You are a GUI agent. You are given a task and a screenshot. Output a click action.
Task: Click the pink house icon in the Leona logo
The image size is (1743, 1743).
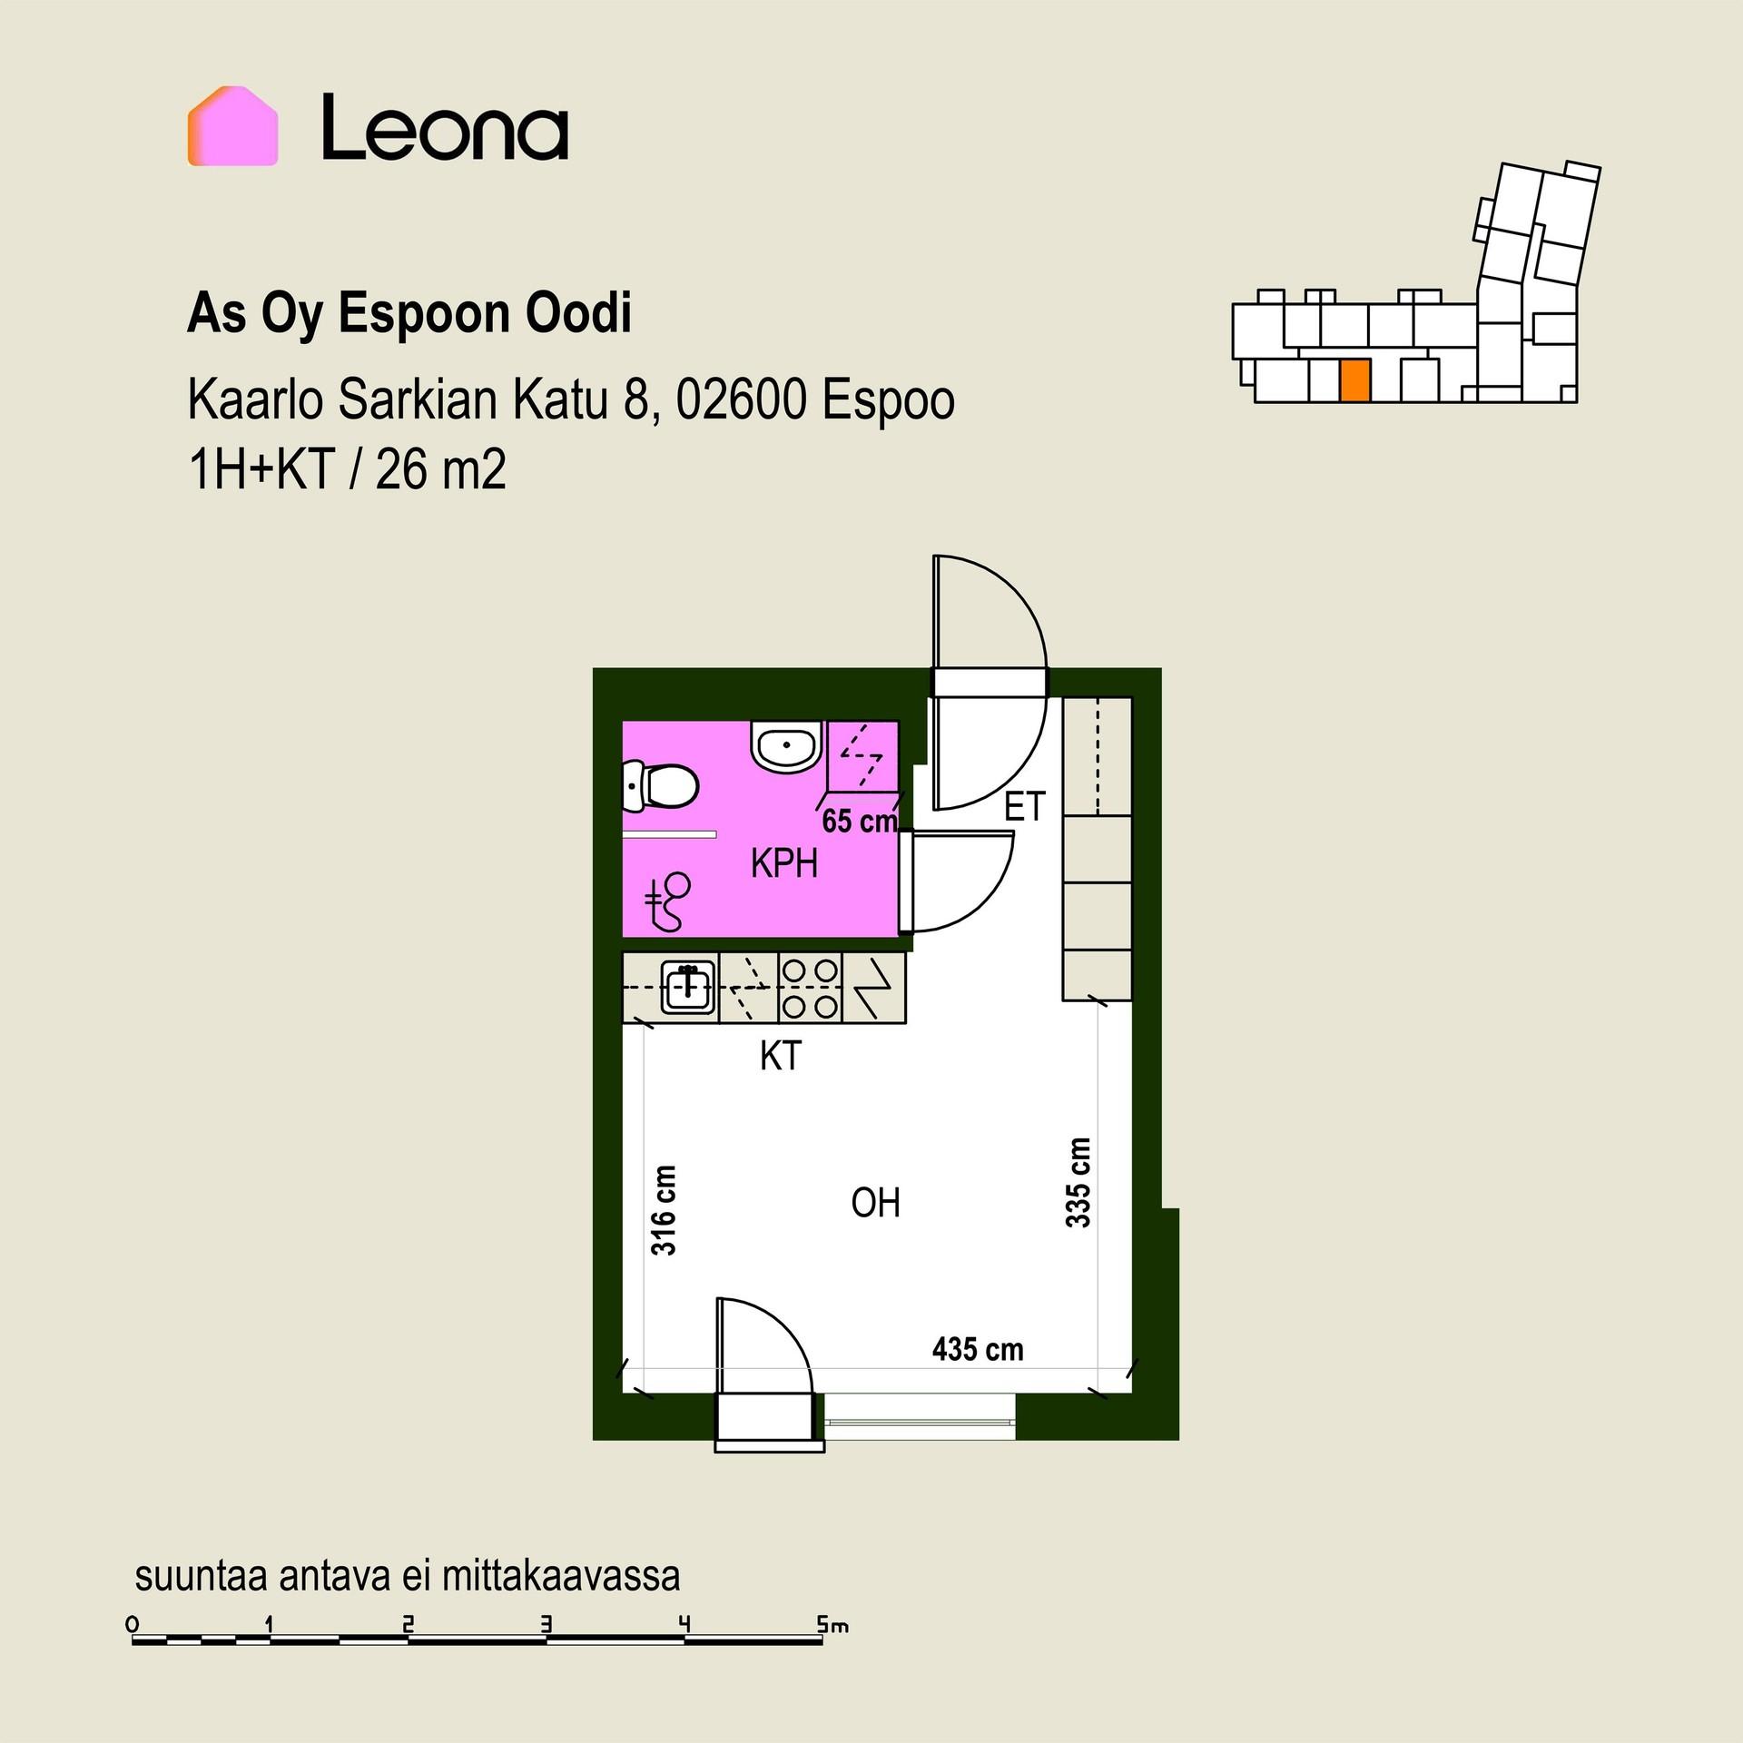[x=232, y=126]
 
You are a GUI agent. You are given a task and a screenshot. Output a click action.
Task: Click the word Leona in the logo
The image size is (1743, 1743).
[x=445, y=127]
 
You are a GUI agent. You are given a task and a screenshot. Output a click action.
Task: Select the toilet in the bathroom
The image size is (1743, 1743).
[x=660, y=786]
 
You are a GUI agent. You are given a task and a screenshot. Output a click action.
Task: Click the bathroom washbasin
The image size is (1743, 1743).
[x=787, y=747]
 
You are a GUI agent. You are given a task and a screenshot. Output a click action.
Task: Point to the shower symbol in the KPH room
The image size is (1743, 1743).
[x=669, y=901]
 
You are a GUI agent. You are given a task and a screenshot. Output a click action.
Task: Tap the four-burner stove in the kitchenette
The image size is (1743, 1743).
[x=811, y=988]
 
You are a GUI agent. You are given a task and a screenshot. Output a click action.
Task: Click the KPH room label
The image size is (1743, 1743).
[x=784, y=863]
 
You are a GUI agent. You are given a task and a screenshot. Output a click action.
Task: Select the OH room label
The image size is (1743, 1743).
[x=875, y=1203]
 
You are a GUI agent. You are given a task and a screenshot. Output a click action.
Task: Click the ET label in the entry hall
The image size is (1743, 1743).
[x=1025, y=807]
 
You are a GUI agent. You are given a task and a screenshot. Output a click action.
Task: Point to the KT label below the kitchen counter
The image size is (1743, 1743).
[x=781, y=1056]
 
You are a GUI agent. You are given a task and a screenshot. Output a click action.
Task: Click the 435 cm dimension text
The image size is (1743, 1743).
[x=978, y=1350]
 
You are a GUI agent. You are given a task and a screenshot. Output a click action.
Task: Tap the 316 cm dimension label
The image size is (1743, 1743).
[x=664, y=1211]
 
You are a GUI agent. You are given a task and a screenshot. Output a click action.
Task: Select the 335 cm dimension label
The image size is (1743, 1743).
[x=1078, y=1183]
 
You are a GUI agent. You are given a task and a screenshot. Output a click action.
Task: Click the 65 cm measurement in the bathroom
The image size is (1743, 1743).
[x=860, y=821]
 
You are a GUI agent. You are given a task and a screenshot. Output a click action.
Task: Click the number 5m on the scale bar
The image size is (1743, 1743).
[x=832, y=1624]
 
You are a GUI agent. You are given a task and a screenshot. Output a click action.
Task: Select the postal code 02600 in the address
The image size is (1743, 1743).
[x=741, y=399]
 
